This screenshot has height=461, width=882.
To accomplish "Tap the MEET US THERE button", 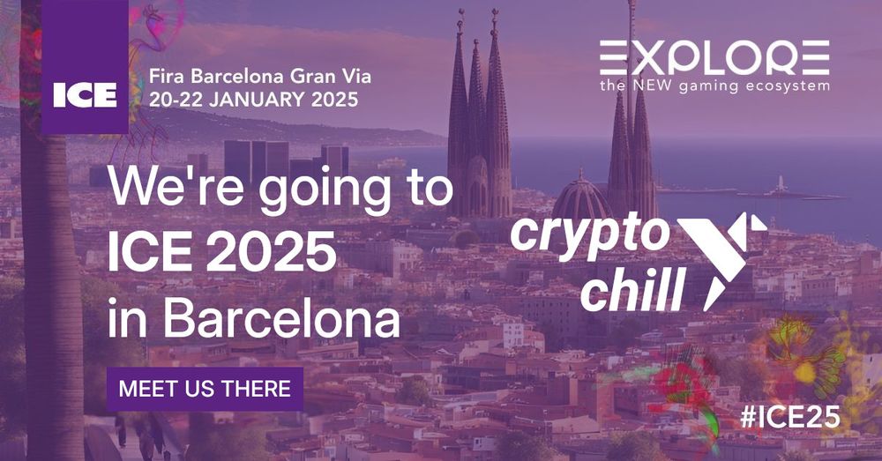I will coord(205,389).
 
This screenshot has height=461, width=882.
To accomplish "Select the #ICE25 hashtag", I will coord(789,417).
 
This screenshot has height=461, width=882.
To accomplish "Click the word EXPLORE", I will coord(714,57).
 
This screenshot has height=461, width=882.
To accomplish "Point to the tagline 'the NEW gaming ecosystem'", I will coord(714,86).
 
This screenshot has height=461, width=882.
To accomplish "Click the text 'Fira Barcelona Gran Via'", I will coord(260,76).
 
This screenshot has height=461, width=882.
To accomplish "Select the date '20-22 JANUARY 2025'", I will coord(254,100).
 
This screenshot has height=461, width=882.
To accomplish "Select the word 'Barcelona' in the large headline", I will coord(280,321).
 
